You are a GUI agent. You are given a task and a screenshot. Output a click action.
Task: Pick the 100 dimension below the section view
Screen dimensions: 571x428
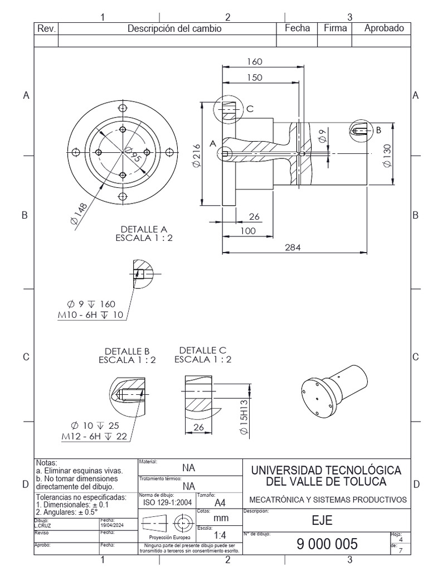pos(249,231)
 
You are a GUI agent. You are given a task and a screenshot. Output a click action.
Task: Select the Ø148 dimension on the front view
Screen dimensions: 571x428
pos(80,214)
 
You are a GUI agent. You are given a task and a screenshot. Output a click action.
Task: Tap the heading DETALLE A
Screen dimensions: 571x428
pos(144,229)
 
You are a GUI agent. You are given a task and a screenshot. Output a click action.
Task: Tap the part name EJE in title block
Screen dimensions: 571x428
pos(322,520)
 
